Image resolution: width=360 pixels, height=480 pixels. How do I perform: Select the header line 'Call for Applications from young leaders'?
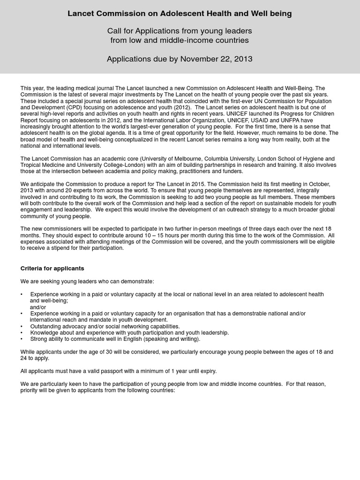coord(180,31)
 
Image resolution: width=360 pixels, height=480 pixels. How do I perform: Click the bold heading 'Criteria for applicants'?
coord(52,269)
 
